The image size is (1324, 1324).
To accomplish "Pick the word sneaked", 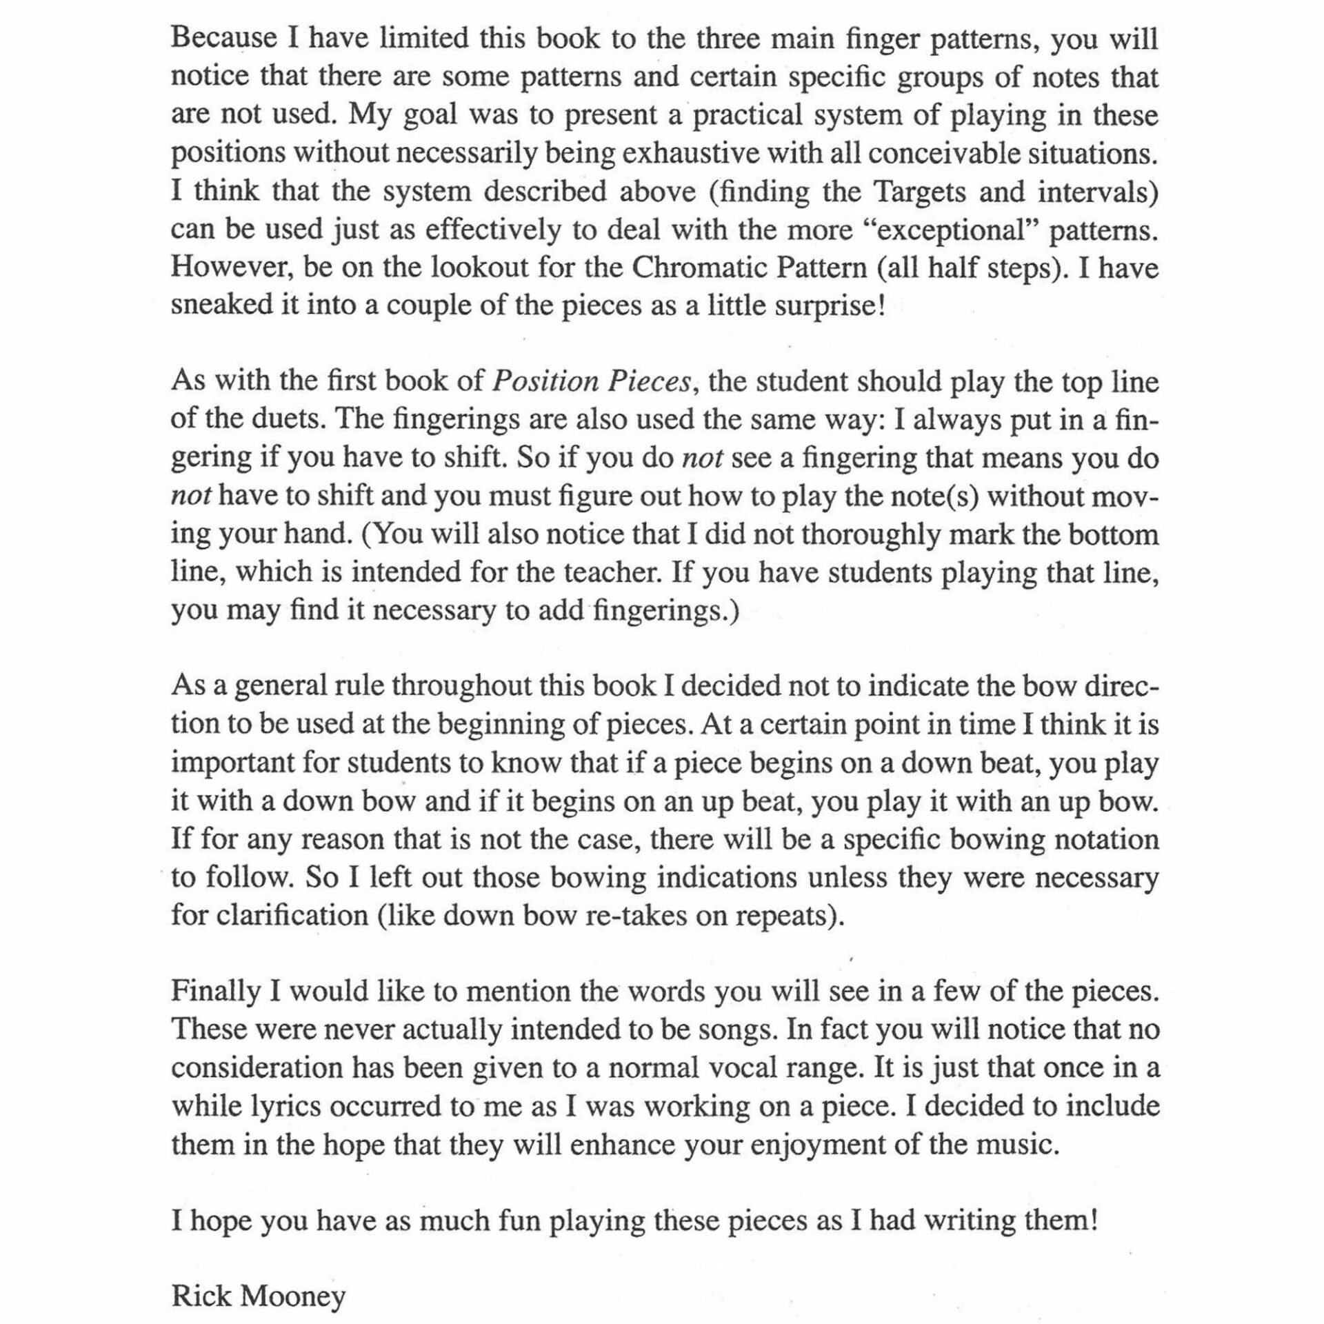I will tap(219, 305).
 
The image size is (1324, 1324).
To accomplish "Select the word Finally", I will tap(214, 992).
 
